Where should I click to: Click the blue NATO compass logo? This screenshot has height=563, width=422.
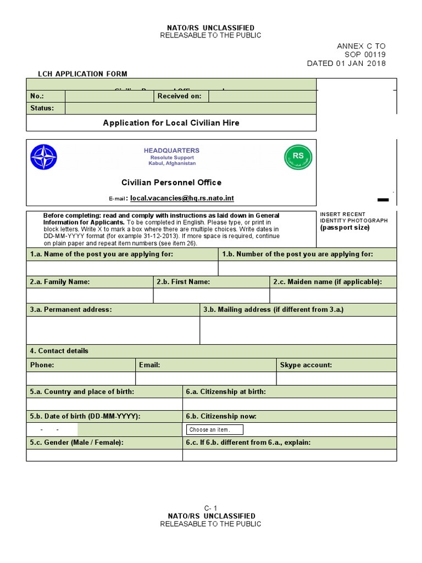pos(43,157)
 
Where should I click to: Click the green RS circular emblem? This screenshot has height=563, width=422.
pos(298,157)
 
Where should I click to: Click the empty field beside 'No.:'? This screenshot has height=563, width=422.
pos(109,96)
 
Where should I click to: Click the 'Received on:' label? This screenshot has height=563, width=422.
pos(180,96)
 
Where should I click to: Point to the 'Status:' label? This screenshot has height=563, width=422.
pos(42,108)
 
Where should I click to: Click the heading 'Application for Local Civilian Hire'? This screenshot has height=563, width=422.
pos(171,123)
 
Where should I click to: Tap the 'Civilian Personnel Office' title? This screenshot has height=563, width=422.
pos(171,183)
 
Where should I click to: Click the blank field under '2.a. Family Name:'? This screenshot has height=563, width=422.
pos(90,296)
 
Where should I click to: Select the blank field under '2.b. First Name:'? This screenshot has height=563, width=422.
pos(212,296)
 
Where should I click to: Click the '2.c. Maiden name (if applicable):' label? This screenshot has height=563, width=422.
pos(327,282)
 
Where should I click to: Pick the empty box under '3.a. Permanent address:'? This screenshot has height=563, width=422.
pos(113,330)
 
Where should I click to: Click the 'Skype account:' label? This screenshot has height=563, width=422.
pos(306,365)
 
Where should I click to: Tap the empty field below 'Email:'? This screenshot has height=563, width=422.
pos(206,379)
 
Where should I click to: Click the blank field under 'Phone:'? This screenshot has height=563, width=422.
pos(81,379)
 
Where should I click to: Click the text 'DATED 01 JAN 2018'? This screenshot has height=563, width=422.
pos(346,63)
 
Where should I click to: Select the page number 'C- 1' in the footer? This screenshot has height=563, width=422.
pos(210,508)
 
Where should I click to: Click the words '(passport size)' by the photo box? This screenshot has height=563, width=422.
pos(345,228)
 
